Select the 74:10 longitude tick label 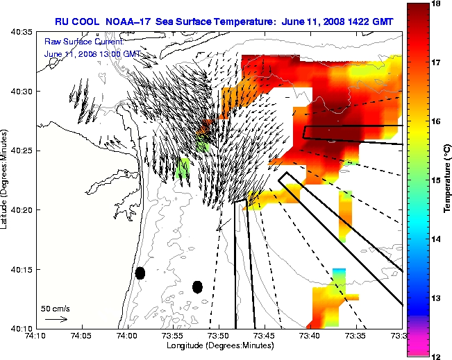[x=35, y=336]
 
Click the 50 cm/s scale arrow [x=56, y=319]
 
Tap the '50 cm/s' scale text [x=56, y=309]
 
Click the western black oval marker [x=140, y=273]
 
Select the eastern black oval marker [x=197, y=286]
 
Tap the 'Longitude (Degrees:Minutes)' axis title [x=219, y=345]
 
